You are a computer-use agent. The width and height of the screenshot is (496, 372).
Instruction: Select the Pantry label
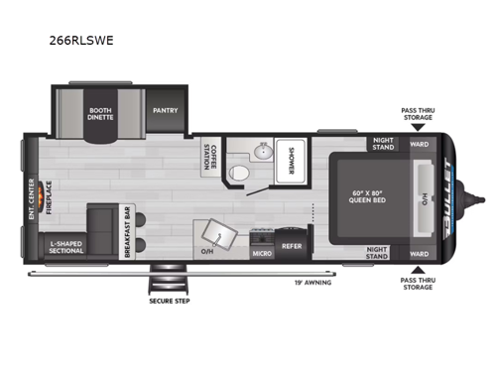(x=165, y=112)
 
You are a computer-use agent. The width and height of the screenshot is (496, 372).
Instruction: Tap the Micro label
(x=261, y=253)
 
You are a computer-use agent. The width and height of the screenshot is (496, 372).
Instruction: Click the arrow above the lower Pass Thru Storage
(x=418, y=268)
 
